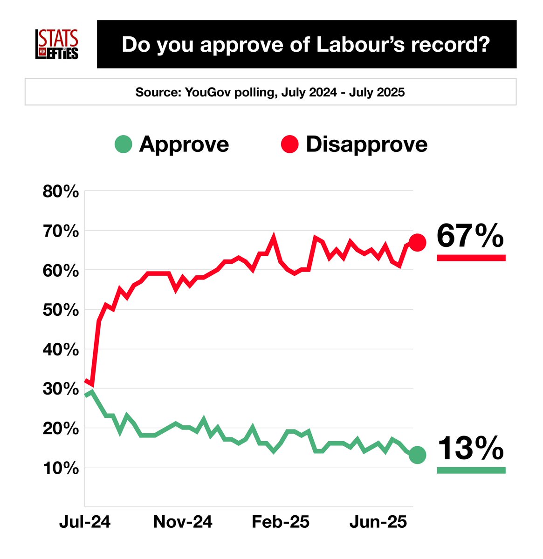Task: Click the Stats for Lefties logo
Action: point(57,44)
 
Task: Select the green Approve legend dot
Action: point(124,144)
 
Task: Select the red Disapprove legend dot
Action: point(289,144)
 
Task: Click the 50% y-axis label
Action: point(61,310)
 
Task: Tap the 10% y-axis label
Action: point(61,468)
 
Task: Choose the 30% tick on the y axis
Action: point(61,389)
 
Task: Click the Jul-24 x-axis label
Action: point(85,522)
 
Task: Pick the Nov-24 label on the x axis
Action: point(183,522)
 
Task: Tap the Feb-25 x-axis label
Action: point(281,522)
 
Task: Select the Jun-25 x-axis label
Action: point(378,522)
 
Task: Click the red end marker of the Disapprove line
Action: point(417,242)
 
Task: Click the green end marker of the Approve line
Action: point(417,455)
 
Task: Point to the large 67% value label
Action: point(470,236)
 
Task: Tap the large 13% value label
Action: point(470,448)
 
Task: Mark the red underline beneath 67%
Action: point(471,258)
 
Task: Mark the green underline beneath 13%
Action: point(471,470)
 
